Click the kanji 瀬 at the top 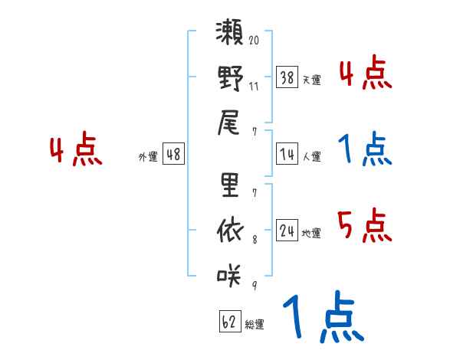coord(230,35)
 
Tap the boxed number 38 coord(287,78)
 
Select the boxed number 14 coord(287,155)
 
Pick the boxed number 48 coord(173,155)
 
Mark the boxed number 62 coord(229,322)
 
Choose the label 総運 coord(254,324)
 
